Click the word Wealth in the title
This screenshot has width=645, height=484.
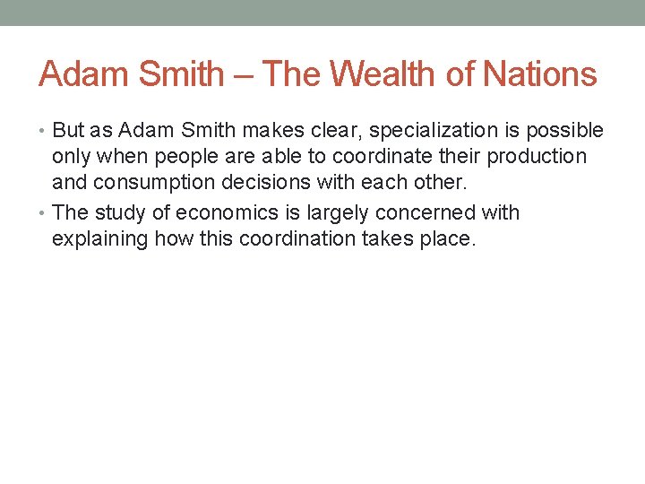[389, 73]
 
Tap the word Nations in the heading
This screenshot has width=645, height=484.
[540, 73]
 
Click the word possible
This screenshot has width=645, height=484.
[564, 131]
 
